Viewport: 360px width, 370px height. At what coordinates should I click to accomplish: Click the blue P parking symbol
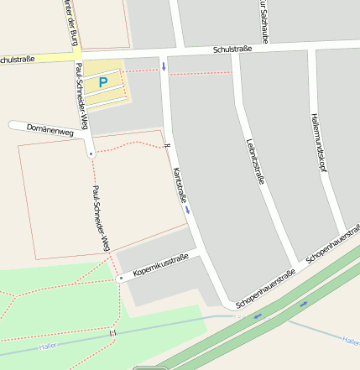coord(103,82)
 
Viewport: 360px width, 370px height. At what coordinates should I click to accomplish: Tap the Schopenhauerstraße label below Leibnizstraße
coord(267,288)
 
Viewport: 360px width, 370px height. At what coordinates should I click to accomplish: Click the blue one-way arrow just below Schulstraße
coord(164,65)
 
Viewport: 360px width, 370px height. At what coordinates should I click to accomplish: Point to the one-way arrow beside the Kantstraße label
coord(187,211)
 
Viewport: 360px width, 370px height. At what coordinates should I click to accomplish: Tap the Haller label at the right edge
coord(352,340)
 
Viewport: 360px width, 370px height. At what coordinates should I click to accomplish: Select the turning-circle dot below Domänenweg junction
coord(91,154)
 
